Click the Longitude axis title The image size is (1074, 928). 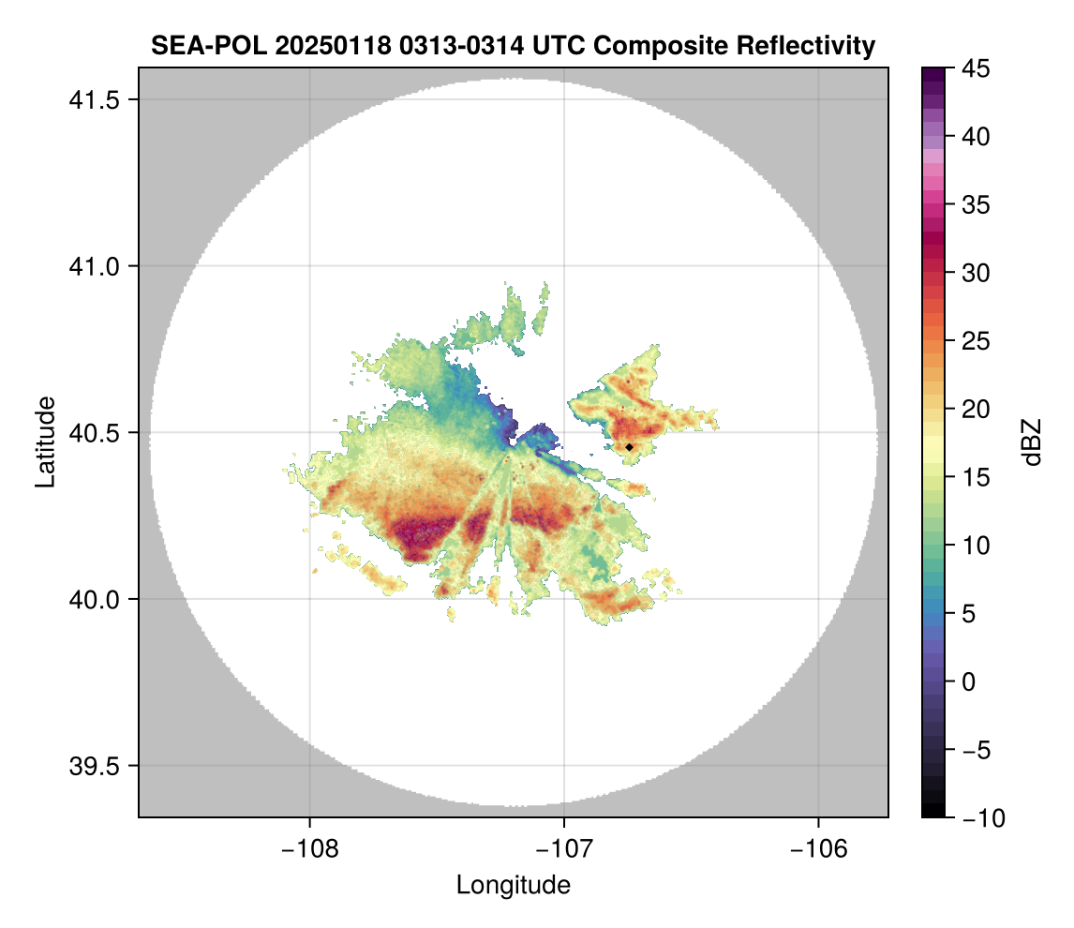[x=513, y=884]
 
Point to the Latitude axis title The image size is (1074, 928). [x=45, y=442]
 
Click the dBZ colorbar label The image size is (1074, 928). [x=1032, y=442]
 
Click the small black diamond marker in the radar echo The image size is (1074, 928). [x=630, y=447]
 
